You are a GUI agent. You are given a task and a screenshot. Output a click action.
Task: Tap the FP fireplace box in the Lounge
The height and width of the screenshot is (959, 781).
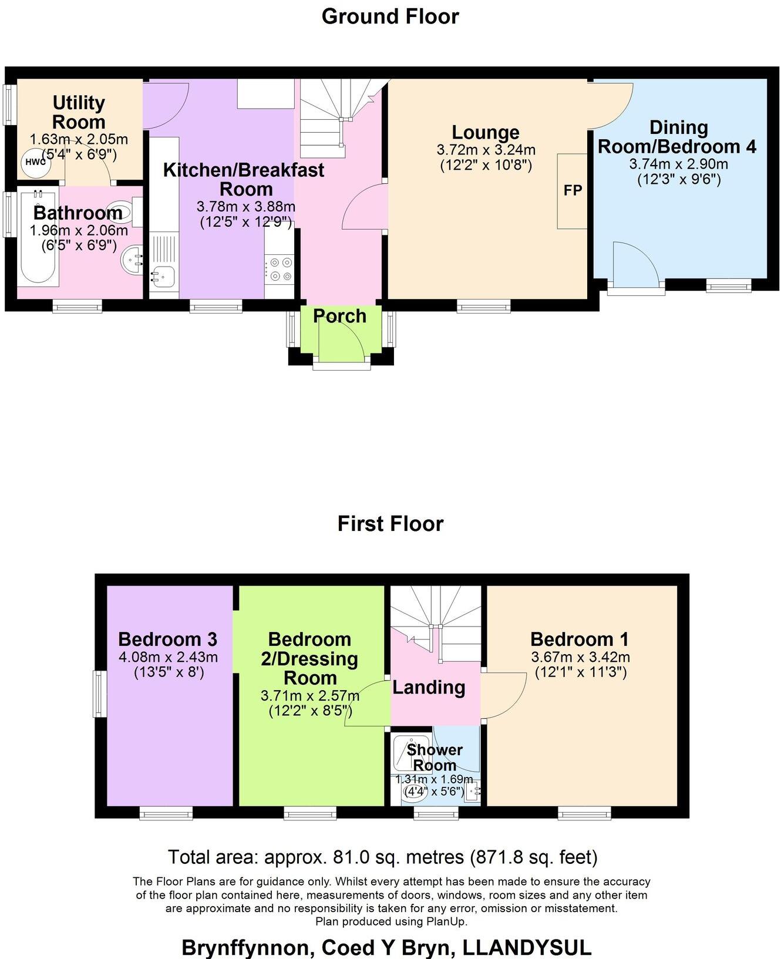coord(573,190)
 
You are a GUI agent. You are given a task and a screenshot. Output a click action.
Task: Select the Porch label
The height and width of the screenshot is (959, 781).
coord(339,316)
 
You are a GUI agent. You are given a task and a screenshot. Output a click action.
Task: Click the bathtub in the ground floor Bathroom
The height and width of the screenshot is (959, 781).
coord(38,237)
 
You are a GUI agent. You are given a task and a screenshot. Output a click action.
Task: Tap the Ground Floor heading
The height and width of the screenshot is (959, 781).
coord(390,16)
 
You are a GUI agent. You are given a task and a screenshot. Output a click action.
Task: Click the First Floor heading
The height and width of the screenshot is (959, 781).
coord(390,523)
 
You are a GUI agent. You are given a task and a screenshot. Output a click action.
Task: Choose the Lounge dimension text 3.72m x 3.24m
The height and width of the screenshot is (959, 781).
coord(486,150)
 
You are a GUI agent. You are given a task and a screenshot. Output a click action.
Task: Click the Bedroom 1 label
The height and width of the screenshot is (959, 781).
coord(579,639)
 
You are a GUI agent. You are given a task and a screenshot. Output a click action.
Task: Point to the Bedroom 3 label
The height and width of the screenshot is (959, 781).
coord(167,639)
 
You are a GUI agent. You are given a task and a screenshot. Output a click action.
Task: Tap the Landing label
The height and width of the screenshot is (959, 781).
coord(429,687)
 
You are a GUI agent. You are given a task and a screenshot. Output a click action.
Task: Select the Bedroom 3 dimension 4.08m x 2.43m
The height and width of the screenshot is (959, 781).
coord(168,657)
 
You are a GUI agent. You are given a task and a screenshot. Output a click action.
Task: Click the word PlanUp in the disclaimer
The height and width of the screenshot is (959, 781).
coord(449,921)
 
